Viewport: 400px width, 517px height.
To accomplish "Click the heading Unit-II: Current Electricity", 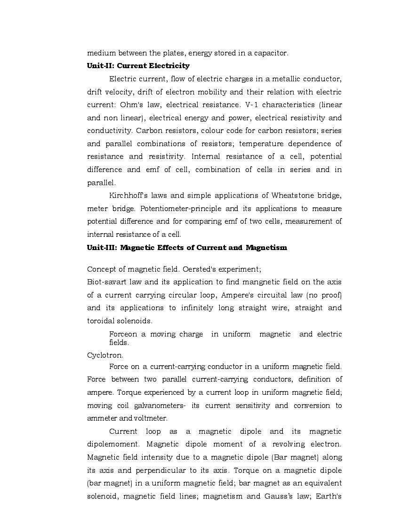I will (x=138, y=66).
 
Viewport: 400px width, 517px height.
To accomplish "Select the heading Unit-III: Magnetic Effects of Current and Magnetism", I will (x=187, y=248).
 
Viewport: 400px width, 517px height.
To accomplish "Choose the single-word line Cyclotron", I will (x=105, y=355).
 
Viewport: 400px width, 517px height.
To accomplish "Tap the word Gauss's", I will (x=281, y=496).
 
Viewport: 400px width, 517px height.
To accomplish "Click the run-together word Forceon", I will (x=123, y=334).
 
